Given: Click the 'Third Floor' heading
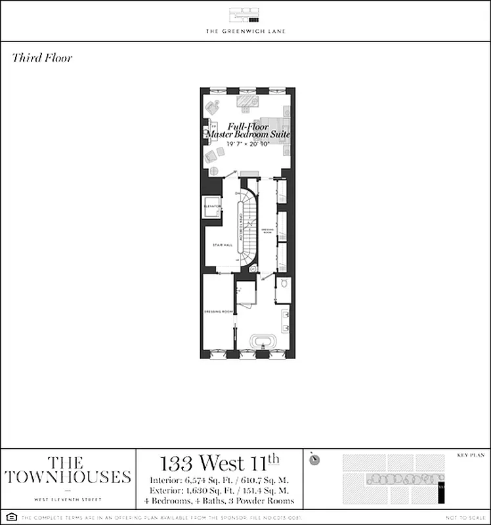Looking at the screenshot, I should pyautogui.click(x=42, y=58).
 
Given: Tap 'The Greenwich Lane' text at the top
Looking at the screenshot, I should pyautogui.click(x=245, y=31).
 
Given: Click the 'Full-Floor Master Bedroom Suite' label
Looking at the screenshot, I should pyautogui.click(x=248, y=130).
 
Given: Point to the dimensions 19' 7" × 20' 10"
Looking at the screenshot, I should pyautogui.click(x=248, y=142).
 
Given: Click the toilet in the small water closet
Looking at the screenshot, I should pyautogui.click(x=283, y=284).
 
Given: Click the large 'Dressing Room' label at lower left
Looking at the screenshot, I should pyautogui.click(x=219, y=311).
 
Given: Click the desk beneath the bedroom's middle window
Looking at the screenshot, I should pyautogui.click(x=248, y=101).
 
